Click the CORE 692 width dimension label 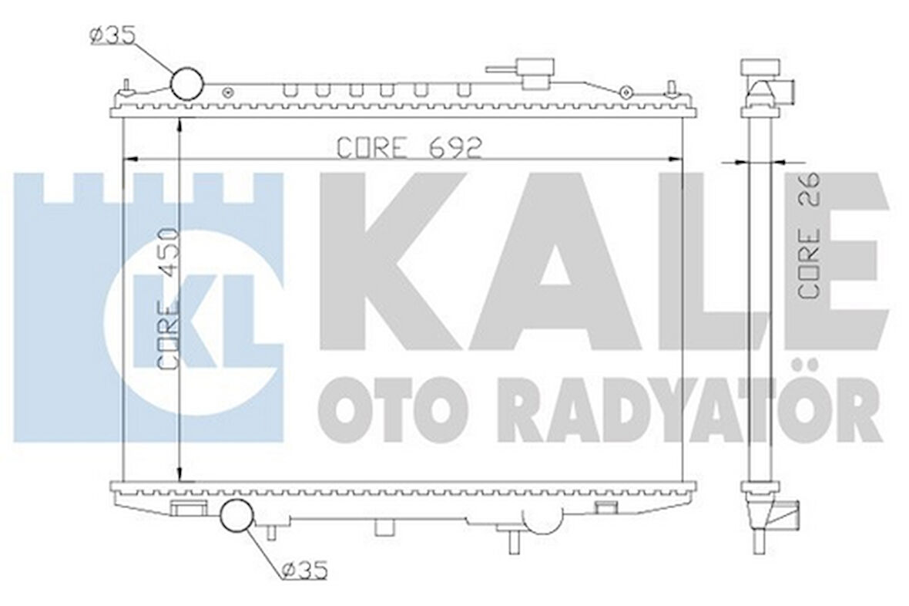point(410,146)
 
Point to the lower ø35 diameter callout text point(304,571)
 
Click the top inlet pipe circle point(188,82)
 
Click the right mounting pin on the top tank point(672,86)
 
